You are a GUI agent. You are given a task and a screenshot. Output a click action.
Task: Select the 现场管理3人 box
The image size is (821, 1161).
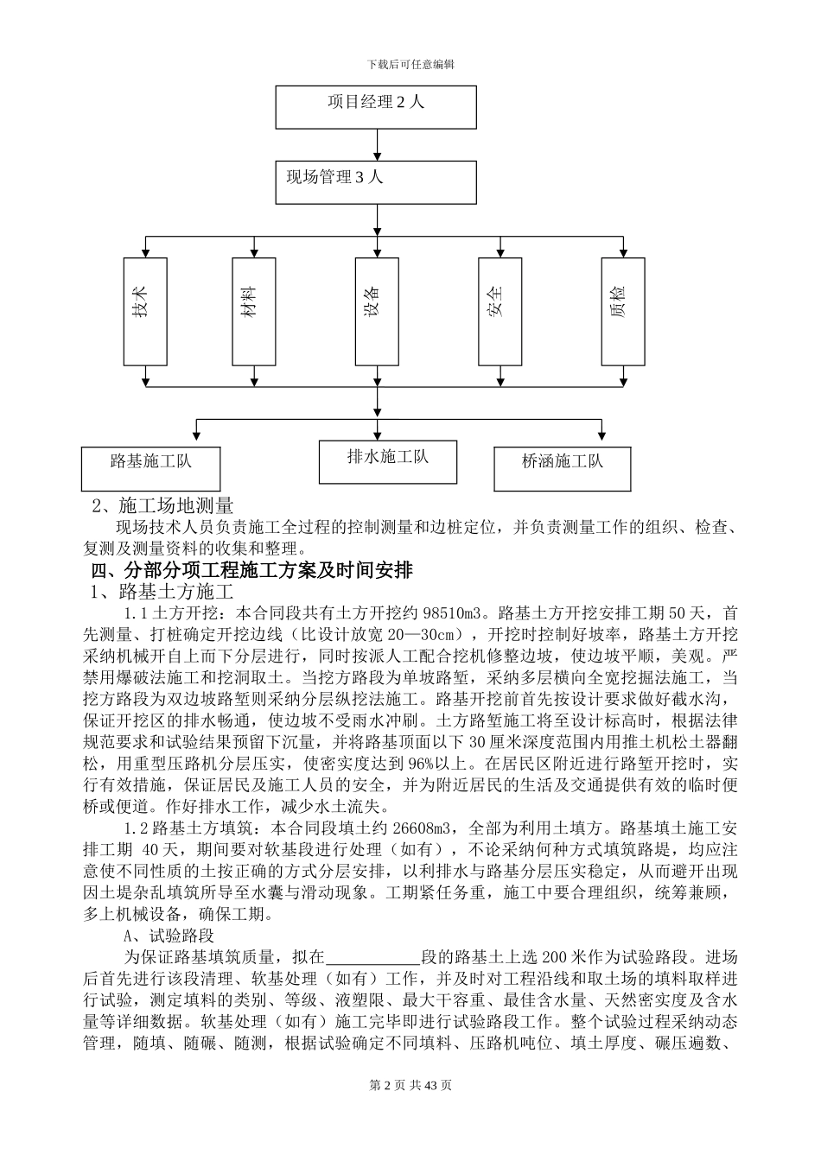pyautogui.click(x=376, y=181)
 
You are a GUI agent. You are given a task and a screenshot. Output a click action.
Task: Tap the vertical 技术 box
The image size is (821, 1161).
pyautogui.click(x=145, y=311)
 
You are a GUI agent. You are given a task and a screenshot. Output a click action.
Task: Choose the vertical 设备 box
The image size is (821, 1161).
pyautogui.click(x=377, y=311)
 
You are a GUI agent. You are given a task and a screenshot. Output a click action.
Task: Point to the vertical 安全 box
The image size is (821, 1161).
pyautogui.click(x=500, y=311)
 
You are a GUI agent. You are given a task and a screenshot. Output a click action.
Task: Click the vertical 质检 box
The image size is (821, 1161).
pyautogui.click(x=623, y=311)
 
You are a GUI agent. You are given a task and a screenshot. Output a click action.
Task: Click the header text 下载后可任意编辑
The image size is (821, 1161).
pyautogui.click(x=410, y=64)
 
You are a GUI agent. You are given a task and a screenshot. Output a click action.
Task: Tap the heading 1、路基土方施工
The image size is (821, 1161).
pyautogui.click(x=163, y=593)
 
